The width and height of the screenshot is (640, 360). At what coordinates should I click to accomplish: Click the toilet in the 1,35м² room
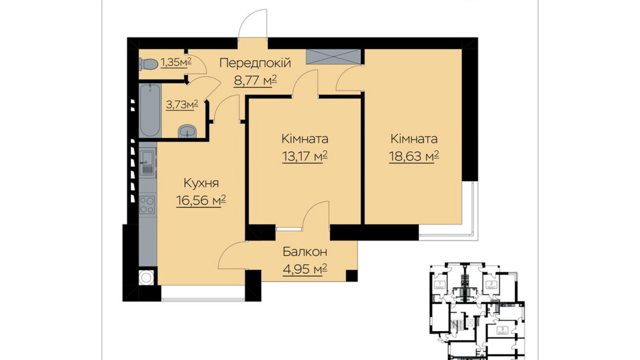(148, 64)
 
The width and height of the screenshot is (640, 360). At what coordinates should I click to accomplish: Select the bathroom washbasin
(187, 131)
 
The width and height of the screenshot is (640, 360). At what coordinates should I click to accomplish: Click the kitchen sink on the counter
(147, 162)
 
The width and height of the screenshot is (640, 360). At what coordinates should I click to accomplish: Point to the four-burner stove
(147, 205)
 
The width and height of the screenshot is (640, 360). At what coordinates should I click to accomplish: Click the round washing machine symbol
(146, 277)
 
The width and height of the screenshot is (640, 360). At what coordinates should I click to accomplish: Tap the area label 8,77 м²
(255, 81)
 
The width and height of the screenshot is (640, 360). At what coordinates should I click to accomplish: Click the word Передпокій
(255, 63)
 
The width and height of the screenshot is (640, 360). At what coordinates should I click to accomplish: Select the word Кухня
(201, 183)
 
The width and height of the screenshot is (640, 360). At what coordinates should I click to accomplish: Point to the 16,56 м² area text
(201, 200)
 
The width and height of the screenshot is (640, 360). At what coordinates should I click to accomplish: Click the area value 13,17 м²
(305, 156)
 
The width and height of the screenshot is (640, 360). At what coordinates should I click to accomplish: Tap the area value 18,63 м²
(414, 156)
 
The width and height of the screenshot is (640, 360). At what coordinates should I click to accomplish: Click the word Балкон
(305, 252)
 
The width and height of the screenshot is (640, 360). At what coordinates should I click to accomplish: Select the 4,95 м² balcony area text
(305, 269)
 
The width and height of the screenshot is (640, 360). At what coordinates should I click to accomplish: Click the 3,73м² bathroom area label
(182, 104)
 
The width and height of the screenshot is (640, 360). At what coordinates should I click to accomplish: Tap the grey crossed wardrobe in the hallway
(333, 56)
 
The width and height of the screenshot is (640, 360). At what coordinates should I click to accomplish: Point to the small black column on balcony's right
(351, 276)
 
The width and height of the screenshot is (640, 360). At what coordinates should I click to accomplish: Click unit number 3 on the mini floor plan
(502, 329)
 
